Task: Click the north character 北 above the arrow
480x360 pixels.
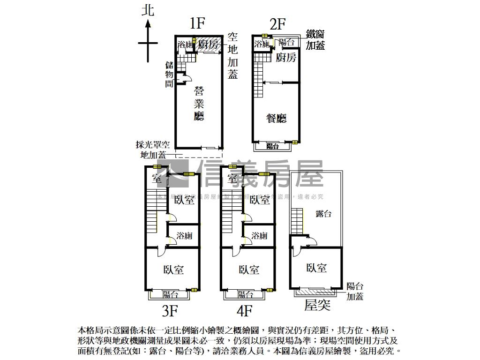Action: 148,10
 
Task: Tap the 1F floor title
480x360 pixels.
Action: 198,23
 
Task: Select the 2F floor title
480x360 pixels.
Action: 277,24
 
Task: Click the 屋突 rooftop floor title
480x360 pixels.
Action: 317,306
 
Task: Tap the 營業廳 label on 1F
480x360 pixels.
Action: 199,104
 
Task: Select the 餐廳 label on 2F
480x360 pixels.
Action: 276,119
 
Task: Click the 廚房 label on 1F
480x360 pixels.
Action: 208,45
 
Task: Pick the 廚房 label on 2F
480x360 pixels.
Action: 286,58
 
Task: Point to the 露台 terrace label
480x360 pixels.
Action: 323,214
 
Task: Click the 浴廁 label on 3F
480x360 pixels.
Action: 184,236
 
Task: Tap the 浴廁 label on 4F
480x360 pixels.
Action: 259,236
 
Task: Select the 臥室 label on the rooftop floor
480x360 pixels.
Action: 316,268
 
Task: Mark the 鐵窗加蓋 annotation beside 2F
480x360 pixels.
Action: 315,40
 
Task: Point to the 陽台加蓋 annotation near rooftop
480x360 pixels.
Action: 355,291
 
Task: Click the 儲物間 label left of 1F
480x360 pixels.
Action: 169,74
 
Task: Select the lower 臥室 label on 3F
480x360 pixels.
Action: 173,270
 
